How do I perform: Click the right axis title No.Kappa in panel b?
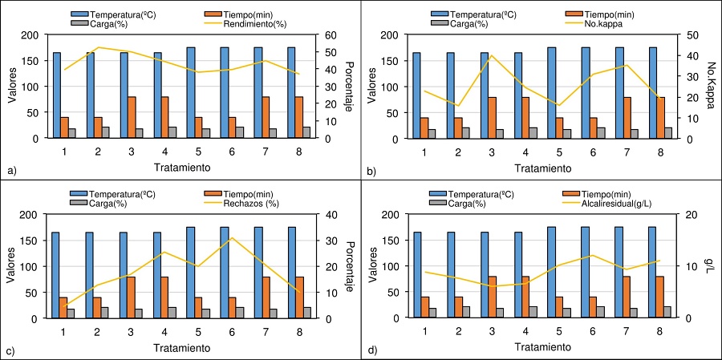click(711, 87)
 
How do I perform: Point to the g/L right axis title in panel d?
click(709, 266)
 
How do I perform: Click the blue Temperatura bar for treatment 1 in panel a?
click(56, 95)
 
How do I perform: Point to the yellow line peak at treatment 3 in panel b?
click(491, 55)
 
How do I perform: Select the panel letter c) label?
click(10, 351)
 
